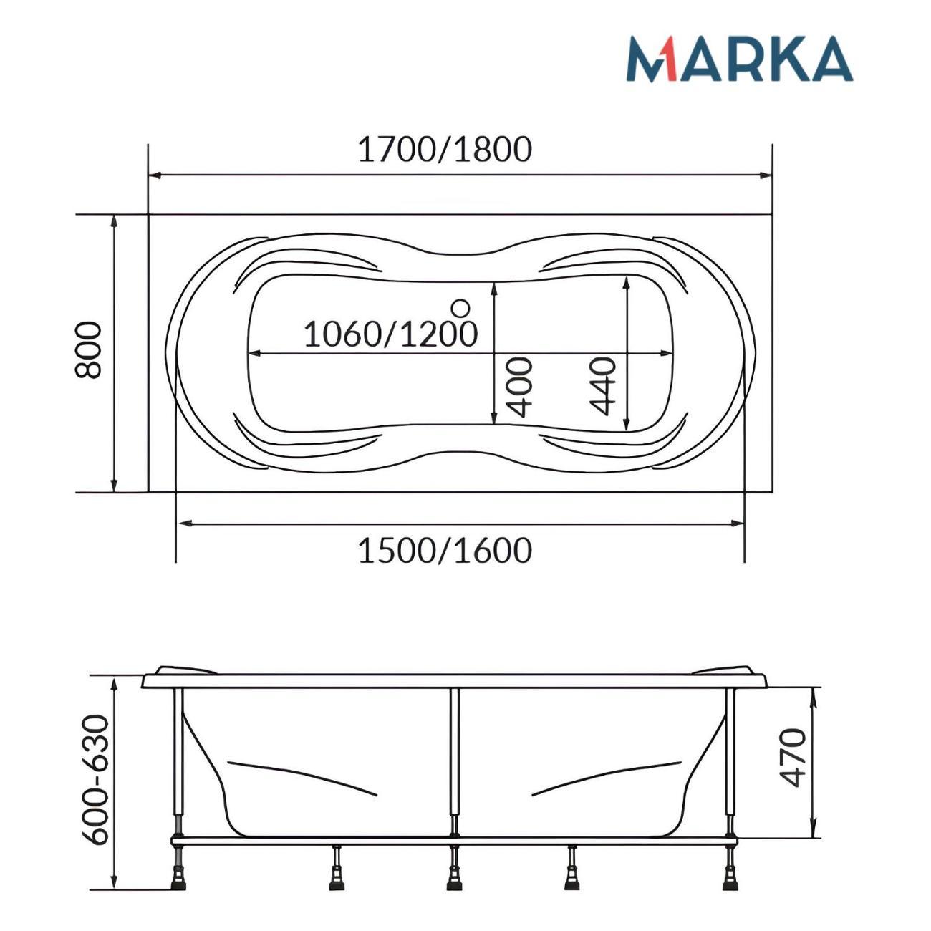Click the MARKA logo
click(x=738, y=58)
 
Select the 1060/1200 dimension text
click(x=390, y=333)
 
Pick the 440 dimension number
click(x=602, y=386)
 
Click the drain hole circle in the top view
click(x=460, y=308)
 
